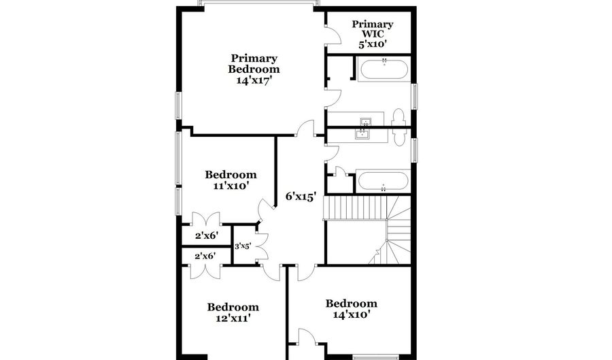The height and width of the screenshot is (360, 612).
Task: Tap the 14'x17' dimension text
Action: (x=254, y=80)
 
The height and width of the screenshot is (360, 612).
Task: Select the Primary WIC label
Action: (x=371, y=29)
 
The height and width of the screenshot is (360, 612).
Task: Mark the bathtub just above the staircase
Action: (x=383, y=182)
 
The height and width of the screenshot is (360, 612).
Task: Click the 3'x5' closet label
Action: (x=243, y=246)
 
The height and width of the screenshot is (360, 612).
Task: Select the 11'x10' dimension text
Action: (x=231, y=185)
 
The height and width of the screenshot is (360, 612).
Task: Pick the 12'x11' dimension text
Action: (x=233, y=318)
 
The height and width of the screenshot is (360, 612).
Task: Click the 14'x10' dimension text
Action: (x=351, y=314)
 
